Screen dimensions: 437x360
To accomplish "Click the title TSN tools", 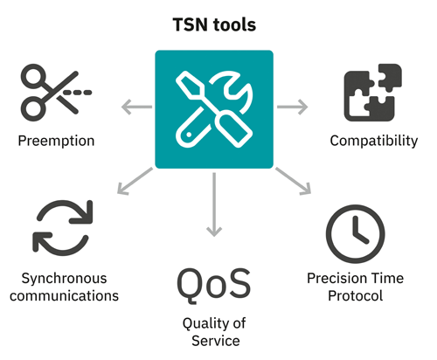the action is (214, 24).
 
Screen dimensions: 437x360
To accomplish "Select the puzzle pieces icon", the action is (373, 93).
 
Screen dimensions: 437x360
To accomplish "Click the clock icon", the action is (356, 234).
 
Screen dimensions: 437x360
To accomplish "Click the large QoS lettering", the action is (213, 285).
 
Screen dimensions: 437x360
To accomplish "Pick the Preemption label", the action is (56, 142).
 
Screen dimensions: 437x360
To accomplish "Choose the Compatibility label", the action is (374, 141).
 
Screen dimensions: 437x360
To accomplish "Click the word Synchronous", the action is (64, 279).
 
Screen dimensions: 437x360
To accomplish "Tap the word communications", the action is (64, 296).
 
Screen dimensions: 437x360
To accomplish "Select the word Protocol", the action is (356, 296).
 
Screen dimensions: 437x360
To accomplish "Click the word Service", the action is (216, 341).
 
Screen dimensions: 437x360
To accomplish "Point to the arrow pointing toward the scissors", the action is (136, 107).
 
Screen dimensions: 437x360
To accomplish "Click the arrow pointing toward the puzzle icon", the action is (292, 107).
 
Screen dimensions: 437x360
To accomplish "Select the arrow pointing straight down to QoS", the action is (214, 204).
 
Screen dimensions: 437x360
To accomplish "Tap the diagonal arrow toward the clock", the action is (293, 181).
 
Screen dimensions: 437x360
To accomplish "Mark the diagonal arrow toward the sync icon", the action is (135, 181).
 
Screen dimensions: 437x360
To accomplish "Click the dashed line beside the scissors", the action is (78, 93).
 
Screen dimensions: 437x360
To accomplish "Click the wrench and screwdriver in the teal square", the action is (214, 109).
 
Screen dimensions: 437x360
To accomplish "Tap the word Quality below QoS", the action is (214, 324).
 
